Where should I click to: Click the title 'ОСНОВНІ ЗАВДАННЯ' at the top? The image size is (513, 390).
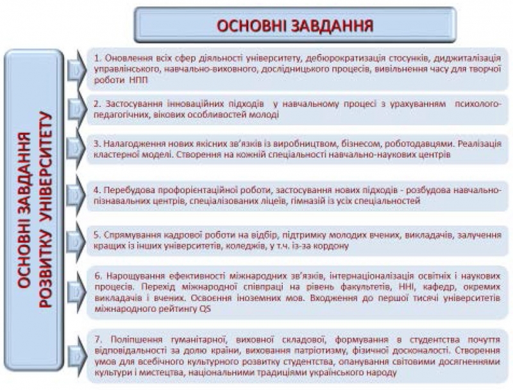coord(295,25)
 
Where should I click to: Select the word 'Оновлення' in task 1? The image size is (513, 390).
coord(126,57)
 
